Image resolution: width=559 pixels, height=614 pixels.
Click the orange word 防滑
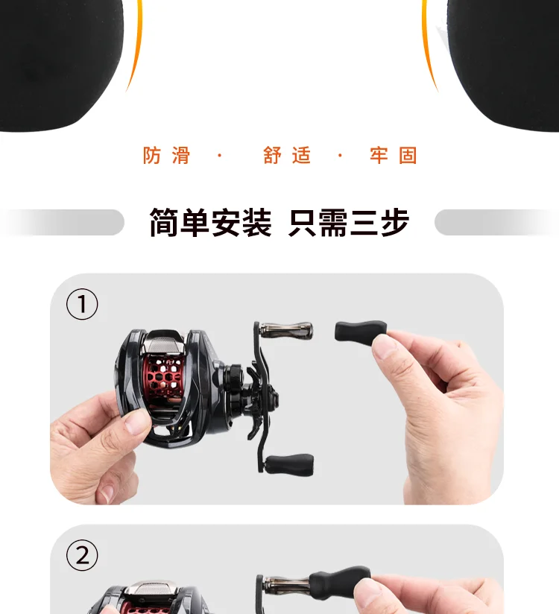tap(166, 156)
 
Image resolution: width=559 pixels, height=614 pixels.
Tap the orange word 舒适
tap(287, 156)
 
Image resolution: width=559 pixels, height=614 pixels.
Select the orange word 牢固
tap(393, 156)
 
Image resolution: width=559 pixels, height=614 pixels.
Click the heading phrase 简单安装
tap(210, 222)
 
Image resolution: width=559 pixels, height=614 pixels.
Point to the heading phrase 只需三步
tap(349, 222)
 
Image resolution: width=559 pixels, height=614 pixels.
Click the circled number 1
tap(82, 304)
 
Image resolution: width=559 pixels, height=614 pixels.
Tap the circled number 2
tap(82, 555)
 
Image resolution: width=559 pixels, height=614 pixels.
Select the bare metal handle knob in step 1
tap(286, 331)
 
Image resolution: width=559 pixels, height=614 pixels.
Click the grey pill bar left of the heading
tap(63, 222)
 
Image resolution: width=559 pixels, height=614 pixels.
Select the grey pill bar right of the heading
tap(496, 222)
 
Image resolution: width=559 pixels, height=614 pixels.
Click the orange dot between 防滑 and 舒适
tap(220, 156)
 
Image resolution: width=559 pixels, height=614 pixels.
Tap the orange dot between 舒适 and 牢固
tap(340, 156)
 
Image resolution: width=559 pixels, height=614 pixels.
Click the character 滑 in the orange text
tap(181, 156)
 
